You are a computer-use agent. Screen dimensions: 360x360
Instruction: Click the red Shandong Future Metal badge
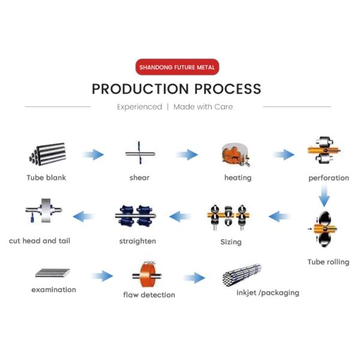[176, 67]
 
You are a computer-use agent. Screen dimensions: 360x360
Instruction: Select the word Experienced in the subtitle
[139, 107]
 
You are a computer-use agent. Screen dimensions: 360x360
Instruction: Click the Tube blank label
[46, 178]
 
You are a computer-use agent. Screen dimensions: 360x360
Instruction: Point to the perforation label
[328, 178]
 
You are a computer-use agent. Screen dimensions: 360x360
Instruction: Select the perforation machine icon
[325, 154]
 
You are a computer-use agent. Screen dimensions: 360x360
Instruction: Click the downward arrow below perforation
[325, 196]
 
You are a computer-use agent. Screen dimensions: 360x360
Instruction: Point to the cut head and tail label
[40, 241]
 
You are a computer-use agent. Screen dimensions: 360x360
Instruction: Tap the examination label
[53, 290]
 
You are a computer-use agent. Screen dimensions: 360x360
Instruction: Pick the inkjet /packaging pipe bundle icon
[241, 275]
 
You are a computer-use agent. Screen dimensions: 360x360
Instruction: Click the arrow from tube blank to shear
[93, 155]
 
